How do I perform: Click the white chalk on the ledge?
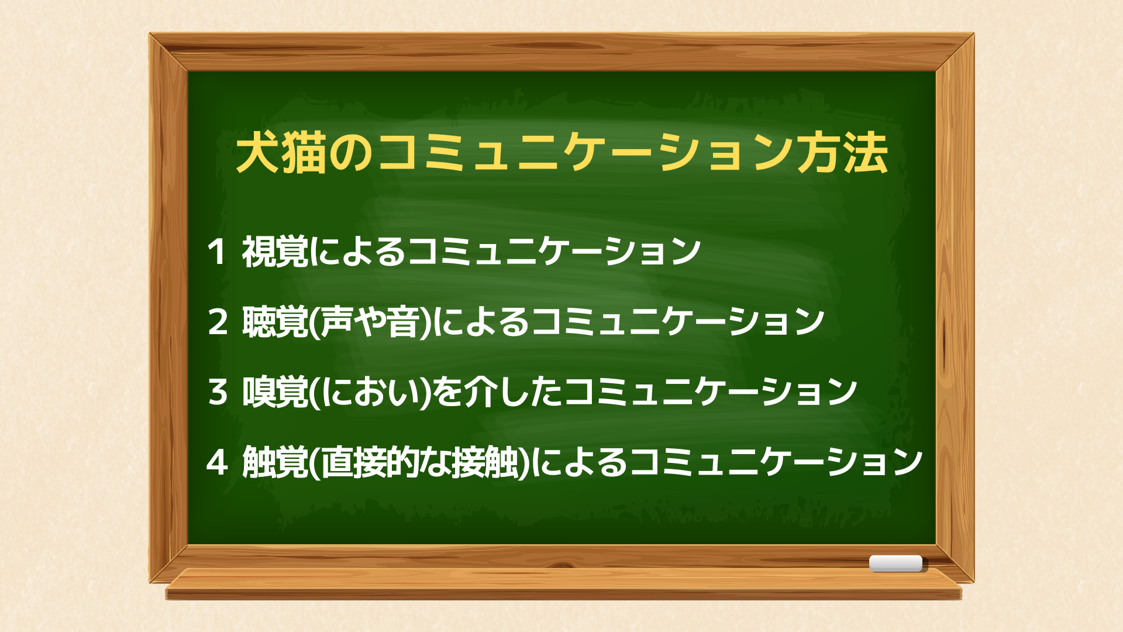[x=896, y=564]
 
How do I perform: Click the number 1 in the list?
[x=216, y=252]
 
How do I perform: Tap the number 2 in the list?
[x=218, y=322]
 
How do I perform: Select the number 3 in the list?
[x=218, y=392]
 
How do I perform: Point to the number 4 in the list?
[x=217, y=462]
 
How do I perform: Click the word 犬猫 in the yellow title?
[x=281, y=153]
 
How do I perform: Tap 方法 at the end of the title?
[x=843, y=153]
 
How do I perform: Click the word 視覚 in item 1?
[x=275, y=252]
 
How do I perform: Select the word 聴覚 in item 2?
[x=275, y=322]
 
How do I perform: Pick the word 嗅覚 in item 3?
[x=275, y=392]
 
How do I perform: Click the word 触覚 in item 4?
[x=275, y=462]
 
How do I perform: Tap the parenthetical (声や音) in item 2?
[x=370, y=322]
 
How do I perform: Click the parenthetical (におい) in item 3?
[x=370, y=392]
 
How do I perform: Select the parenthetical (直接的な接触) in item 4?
[x=419, y=462]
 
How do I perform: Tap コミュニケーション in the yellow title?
[x=585, y=153]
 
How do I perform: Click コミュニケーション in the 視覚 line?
[x=554, y=252]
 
